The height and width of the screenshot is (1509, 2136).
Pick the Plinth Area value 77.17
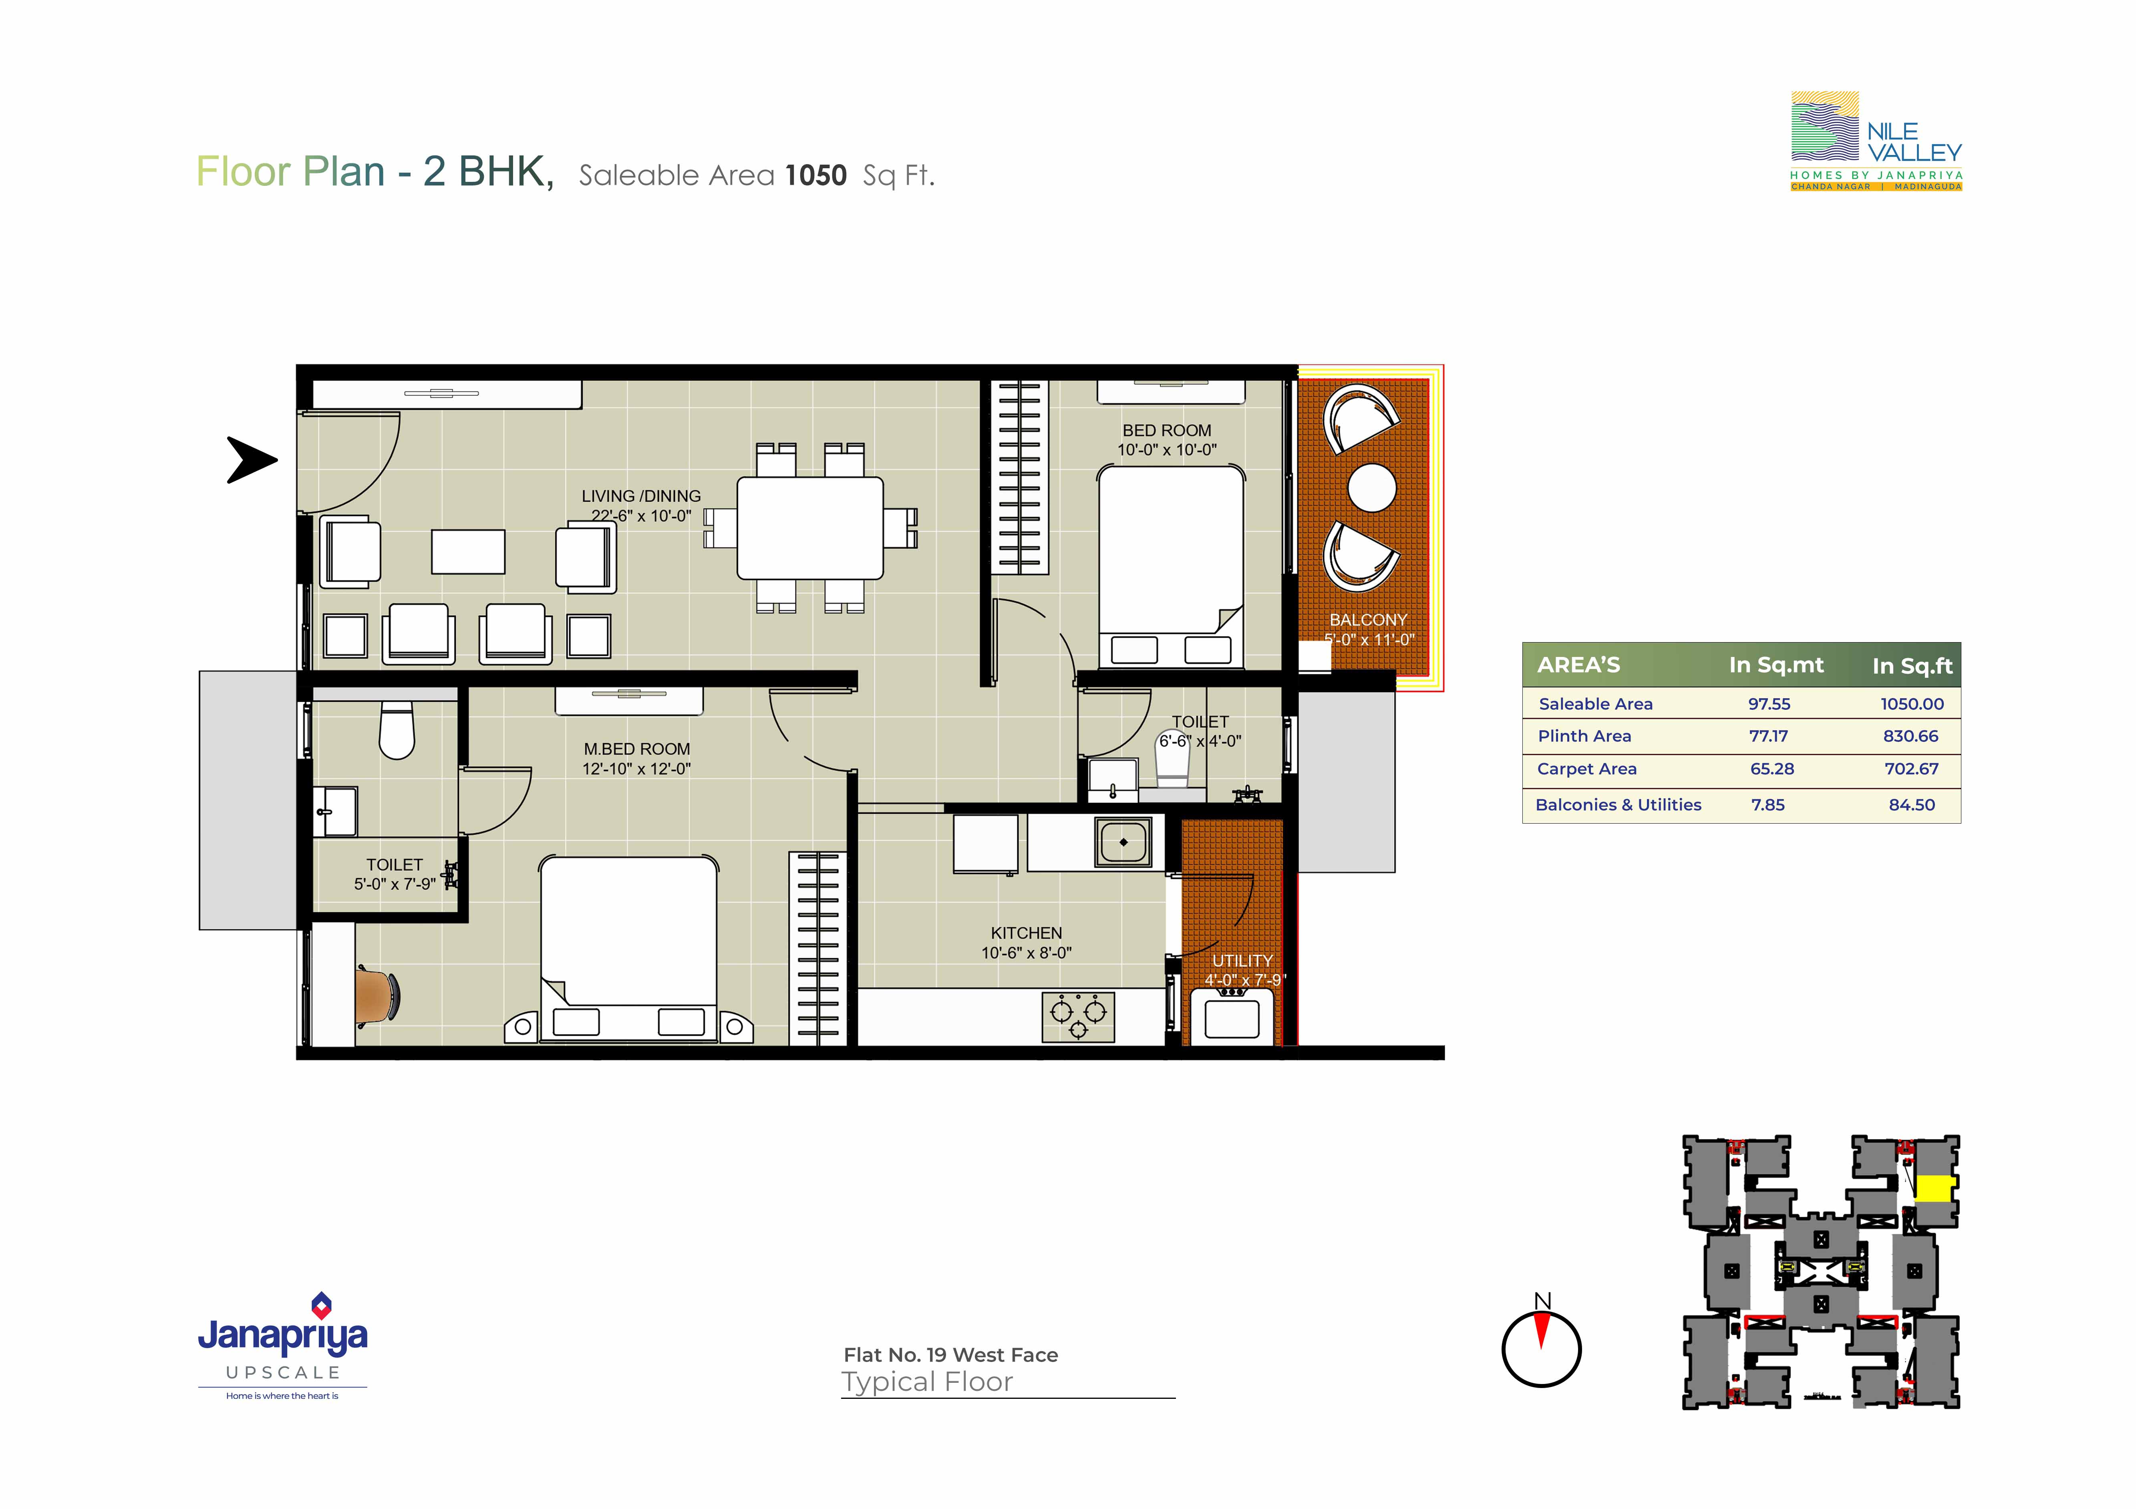(1769, 736)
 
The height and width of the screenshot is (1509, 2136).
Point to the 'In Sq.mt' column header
(1776, 665)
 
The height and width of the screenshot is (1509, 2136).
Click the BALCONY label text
(1367, 620)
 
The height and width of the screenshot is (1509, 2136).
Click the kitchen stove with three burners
(1078, 1017)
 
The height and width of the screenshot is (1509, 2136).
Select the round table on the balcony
(1371, 488)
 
